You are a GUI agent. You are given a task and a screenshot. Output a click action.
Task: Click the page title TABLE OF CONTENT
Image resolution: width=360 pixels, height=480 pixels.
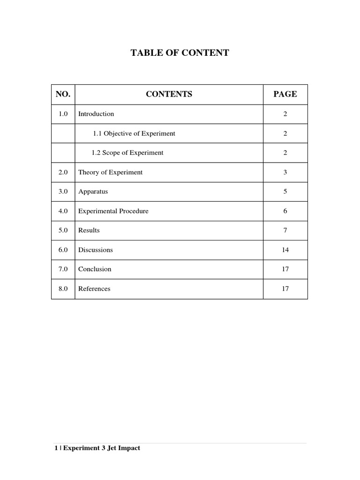(x=180, y=53)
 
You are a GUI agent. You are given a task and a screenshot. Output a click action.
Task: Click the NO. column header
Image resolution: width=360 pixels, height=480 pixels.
(x=63, y=94)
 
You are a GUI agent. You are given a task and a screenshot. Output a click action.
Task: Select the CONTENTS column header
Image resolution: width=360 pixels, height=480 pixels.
(x=169, y=94)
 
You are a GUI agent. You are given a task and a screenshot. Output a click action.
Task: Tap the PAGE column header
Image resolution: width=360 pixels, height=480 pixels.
(x=285, y=94)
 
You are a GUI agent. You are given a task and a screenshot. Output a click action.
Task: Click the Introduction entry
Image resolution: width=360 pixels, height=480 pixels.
(x=96, y=114)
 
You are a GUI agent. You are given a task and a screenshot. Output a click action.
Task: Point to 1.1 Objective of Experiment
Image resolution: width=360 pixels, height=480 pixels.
(x=134, y=134)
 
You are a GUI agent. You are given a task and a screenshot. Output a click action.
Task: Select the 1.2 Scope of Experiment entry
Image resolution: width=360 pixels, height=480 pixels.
(x=127, y=153)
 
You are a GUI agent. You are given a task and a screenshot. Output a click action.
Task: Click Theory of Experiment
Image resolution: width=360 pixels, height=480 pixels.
(x=110, y=172)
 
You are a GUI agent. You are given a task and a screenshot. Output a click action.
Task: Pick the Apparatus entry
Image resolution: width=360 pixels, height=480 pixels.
(x=93, y=192)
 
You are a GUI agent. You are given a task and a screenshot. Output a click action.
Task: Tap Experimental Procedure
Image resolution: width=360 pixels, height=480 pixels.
(x=113, y=211)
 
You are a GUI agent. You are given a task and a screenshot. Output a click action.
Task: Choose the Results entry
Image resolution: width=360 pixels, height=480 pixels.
(x=89, y=231)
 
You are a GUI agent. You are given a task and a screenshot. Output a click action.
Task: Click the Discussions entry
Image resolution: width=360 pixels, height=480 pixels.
(x=96, y=250)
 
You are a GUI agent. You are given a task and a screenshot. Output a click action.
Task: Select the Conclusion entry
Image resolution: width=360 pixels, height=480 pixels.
(x=95, y=270)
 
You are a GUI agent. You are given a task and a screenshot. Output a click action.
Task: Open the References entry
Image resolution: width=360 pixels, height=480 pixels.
(x=94, y=289)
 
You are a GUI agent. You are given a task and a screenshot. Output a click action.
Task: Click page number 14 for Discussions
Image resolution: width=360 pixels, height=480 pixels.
(x=285, y=250)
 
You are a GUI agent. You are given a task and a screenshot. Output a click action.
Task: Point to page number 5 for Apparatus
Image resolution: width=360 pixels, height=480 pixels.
(x=285, y=192)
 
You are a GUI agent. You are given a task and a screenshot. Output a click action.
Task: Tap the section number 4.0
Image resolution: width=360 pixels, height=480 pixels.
(x=63, y=211)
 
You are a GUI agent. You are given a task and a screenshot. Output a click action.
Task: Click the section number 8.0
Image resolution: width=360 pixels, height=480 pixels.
(x=63, y=289)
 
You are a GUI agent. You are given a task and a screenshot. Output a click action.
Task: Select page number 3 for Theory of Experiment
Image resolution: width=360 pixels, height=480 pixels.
(x=285, y=172)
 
